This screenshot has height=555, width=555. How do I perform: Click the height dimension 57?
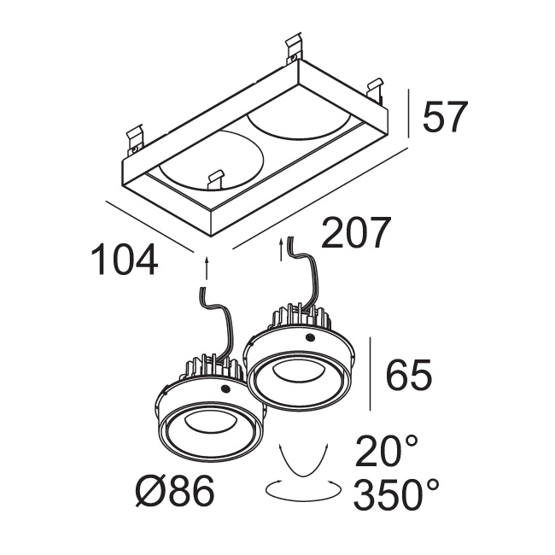445,117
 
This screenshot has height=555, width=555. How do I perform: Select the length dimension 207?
356,232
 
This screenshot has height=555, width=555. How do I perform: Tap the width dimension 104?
125,259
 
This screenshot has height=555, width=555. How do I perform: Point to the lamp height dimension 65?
409,374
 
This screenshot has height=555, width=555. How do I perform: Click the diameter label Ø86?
175,491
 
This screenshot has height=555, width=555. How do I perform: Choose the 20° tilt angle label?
387,451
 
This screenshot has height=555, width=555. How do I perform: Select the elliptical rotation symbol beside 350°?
303,490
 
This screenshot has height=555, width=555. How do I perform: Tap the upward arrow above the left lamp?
207,269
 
